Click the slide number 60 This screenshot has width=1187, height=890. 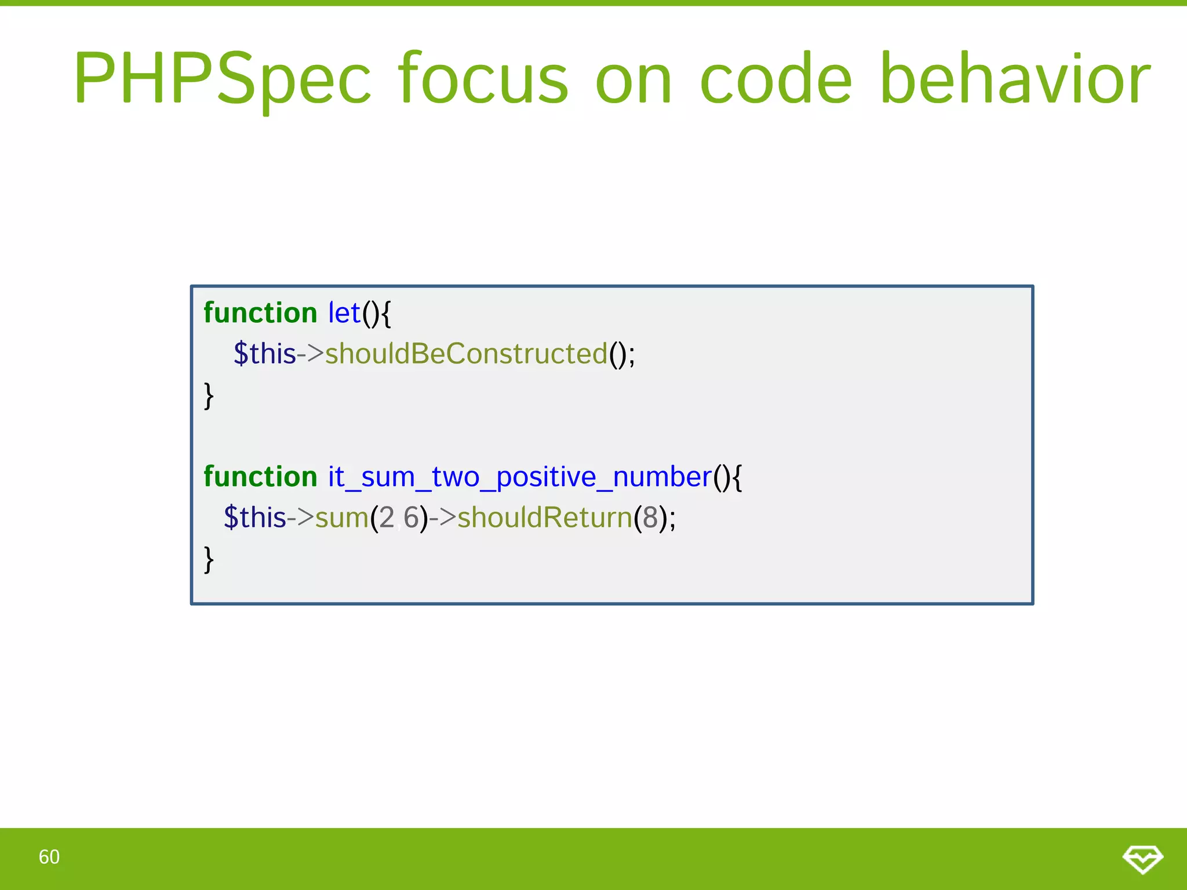(x=49, y=857)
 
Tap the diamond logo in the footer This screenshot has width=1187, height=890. (x=1142, y=859)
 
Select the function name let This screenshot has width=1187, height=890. (x=344, y=313)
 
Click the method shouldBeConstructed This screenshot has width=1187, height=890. (x=466, y=354)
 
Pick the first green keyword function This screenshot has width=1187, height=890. (x=260, y=313)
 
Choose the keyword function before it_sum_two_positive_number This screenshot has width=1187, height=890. (x=260, y=477)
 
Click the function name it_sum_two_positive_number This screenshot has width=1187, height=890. (x=520, y=477)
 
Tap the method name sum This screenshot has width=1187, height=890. (x=341, y=518)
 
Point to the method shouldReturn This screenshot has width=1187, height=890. (x=544, y=518)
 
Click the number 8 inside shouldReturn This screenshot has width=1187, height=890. (x=650, y=518)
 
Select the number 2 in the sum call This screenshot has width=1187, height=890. (x=387, y=518)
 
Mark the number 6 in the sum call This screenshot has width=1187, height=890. (x=412, y=518)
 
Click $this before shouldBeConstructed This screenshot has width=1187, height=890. (x=264, y=354)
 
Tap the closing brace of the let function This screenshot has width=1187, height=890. (x=209, y=396)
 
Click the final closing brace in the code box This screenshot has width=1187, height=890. (x=209, y=560)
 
